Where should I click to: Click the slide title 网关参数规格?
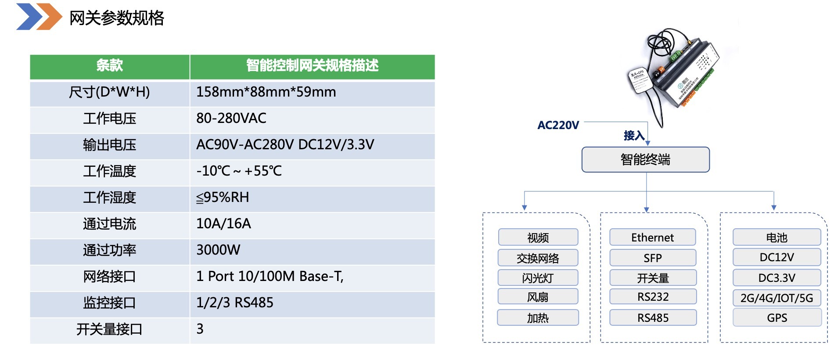point(117,18)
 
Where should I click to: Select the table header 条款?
point(109,66)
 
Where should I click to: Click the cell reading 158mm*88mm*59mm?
point(266,92)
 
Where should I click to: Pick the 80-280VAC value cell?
point(231,119)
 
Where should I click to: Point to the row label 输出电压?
point(109,145)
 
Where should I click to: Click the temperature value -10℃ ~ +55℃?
point(239,171)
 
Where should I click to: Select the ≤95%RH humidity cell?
point(223,198)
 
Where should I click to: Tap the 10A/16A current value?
point(223,224)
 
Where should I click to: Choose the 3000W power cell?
point(218,250)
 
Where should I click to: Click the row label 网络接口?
point(109,277)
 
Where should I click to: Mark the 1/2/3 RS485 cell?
point(235,303)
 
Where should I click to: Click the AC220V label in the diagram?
point(558,126)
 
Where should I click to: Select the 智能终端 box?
point(645,159)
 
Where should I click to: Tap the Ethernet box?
point(652,238)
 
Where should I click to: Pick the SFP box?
point(652,258)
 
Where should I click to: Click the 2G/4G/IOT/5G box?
point(776,298)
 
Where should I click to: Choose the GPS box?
point(776,318)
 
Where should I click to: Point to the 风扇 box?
point(538,297)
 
